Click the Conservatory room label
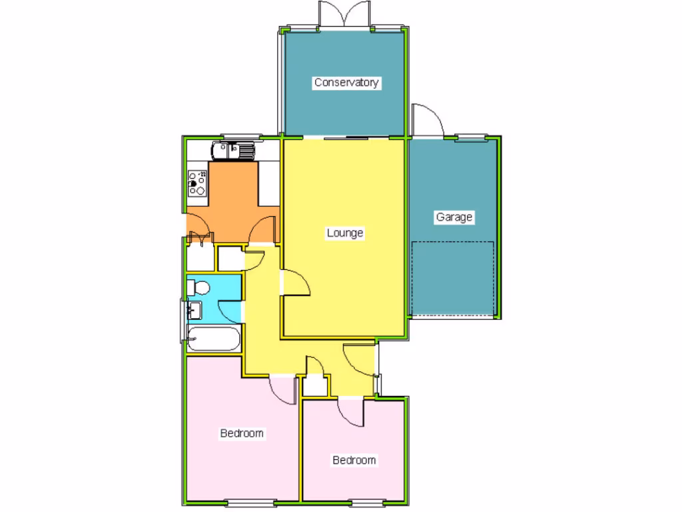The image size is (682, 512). pos(346,83)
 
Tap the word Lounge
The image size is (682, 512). pos(345,233)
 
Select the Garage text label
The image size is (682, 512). pos(454,217)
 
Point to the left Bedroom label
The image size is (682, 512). pos(242,433)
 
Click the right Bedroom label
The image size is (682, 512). pos(354,460)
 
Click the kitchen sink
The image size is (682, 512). pos(233,150)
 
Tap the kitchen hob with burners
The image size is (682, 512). pos(198,183)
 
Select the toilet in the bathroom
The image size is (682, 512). pos(198,287)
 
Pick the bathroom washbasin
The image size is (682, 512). pos(194,310)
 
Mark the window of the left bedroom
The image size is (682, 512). pos(250,502)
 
